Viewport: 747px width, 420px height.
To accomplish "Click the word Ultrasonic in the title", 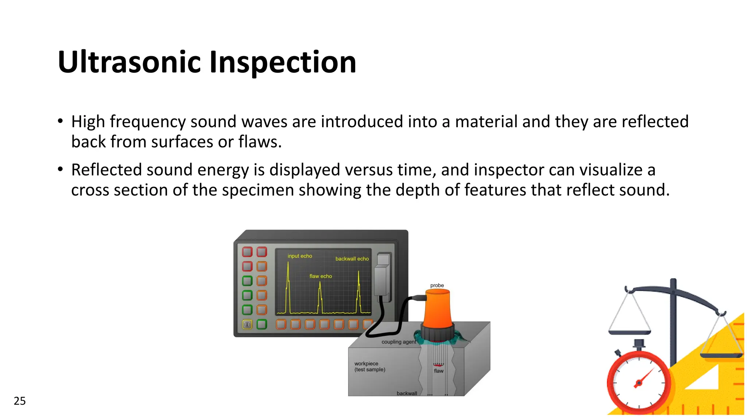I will tap(129, 62).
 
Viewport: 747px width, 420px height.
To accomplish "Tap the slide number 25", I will tap(20, 401).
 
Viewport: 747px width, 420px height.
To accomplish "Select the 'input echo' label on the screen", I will tap(300, 256).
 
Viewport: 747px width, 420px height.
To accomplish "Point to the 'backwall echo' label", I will tap(352, 258).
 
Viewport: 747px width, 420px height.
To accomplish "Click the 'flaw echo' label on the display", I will tap(321, 276).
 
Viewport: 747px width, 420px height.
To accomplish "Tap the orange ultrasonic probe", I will tap(437, 310).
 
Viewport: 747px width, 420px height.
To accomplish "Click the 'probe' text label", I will tap(437, 285).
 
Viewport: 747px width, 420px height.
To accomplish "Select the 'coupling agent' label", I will tap(399, 342).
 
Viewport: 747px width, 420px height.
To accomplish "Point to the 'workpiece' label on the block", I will tap(366, 363).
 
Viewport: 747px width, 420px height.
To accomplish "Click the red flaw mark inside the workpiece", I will tap(438, 365).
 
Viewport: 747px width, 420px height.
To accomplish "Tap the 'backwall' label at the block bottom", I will tap(407, 393).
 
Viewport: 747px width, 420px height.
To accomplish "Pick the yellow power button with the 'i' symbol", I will tap(247, 324).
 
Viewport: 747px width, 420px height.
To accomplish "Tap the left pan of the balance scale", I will tap(630, 332).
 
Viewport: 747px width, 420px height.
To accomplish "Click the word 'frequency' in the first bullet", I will tap(148, 122).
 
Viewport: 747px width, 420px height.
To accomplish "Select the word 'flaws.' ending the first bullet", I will tap(260, 142).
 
